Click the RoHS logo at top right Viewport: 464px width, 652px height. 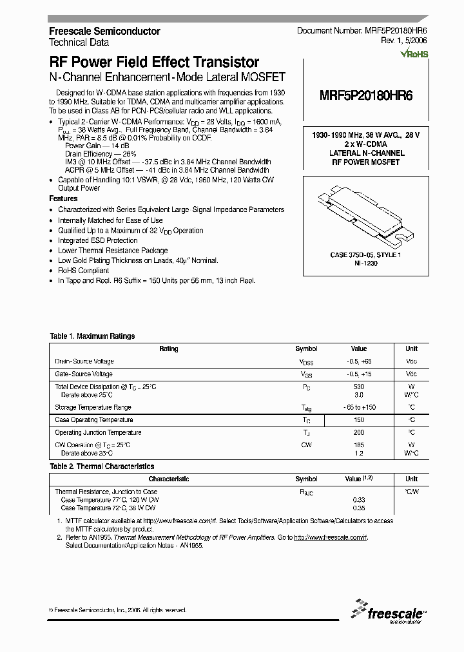414,55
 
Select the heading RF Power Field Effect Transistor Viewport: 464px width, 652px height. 154,62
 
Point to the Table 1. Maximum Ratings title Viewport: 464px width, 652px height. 92,336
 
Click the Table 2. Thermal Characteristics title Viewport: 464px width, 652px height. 102,466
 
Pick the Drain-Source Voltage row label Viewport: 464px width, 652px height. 84,362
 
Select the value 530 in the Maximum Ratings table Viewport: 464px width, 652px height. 359,387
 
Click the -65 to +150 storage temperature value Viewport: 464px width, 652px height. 359,408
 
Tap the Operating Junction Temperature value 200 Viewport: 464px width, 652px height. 359,433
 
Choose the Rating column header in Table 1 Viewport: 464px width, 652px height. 168,349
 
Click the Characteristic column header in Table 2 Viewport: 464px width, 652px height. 168,479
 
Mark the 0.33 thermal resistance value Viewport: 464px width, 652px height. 359,500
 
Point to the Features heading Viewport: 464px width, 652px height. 63,199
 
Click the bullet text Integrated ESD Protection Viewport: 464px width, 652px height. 98,241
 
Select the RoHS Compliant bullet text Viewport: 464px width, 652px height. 84,271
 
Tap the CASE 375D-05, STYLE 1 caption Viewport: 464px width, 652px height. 365,256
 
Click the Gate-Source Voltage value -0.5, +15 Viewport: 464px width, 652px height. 359,374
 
